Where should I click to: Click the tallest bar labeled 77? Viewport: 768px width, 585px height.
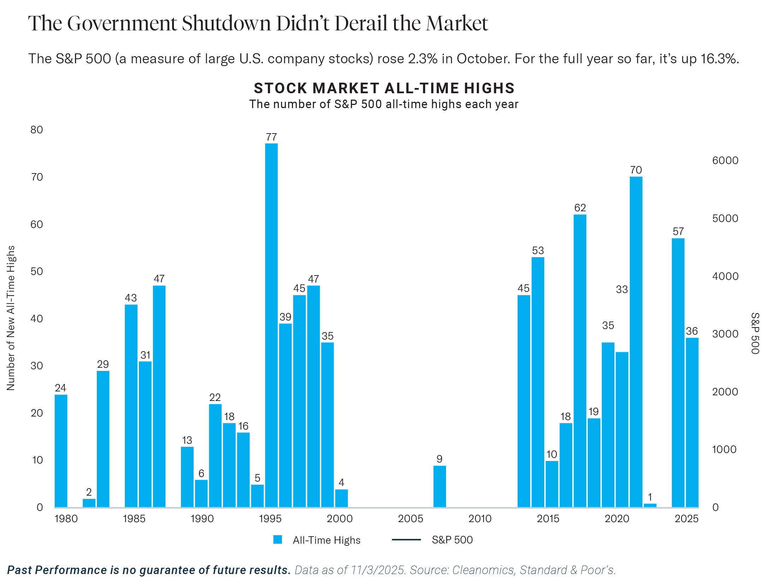[x=271, y=325]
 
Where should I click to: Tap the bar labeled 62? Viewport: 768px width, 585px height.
[x=580, y=360]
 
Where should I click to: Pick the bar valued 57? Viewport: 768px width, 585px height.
[x=678, y=373]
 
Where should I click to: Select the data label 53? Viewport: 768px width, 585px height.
[x=538, y=250]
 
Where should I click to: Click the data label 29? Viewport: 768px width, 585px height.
[x=103, y=364]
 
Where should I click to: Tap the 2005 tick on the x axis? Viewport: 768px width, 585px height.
[x=410, y=519]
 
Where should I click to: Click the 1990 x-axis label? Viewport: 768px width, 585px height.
[x=202, y=519]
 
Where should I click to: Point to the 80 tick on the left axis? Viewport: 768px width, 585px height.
[x=37, y=130]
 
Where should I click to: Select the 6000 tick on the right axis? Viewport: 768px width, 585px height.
[x=725, y=160]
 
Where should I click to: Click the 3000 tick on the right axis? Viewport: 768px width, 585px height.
[x=725, y=334]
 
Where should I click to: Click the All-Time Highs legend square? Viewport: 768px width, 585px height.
[x=277, y=540]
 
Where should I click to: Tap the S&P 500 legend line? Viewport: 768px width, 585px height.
[x=406, y=539]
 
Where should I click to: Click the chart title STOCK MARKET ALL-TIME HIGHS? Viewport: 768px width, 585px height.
[x=384, y=88]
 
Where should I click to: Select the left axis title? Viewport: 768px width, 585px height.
[x=11, y=318]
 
